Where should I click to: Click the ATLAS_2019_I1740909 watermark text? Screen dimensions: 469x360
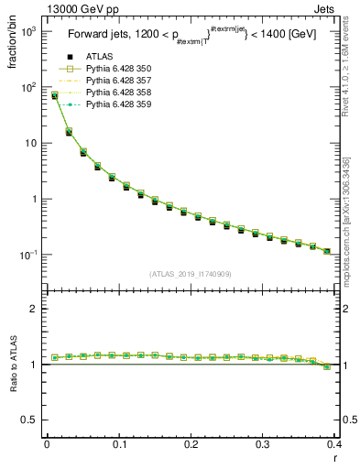pyautogui.click(x=191, y=274)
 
